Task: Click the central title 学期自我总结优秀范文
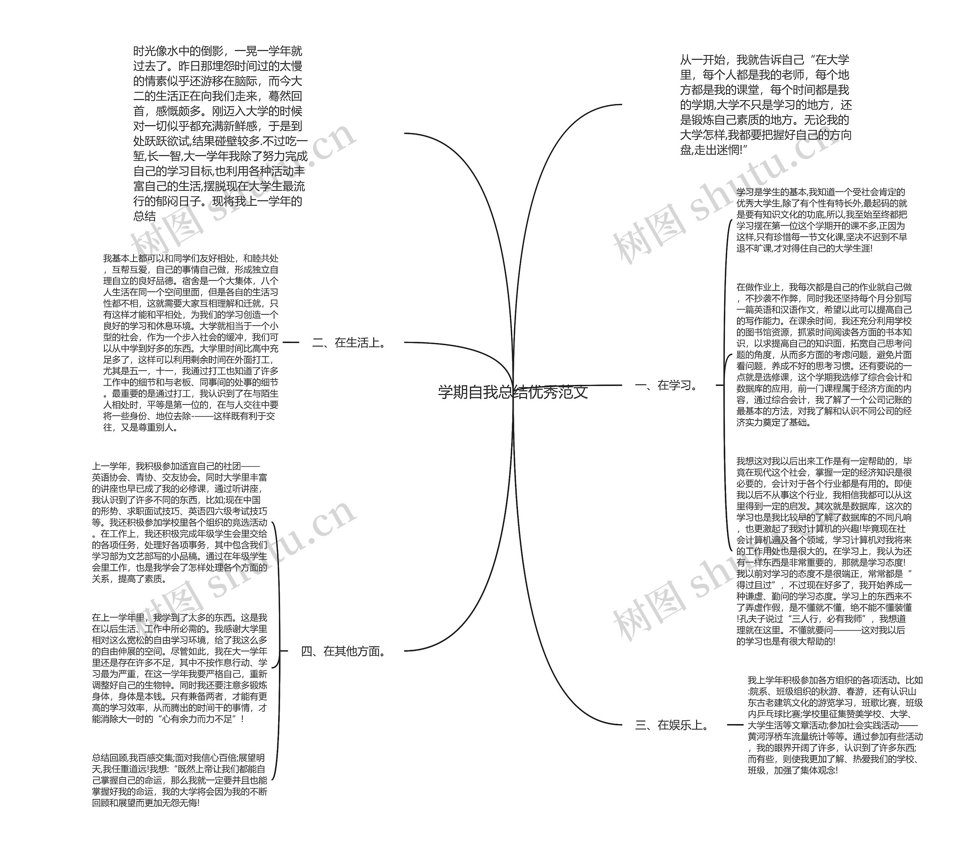pos(513,392)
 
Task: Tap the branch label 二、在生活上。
pos(349,343)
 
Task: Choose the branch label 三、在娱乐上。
pos(673,725)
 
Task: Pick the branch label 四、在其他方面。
pos(344,651)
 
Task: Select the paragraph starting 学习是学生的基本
pos(821,220)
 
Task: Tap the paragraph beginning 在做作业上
pos(824,355)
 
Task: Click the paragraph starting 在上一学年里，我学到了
pos(179,668)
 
